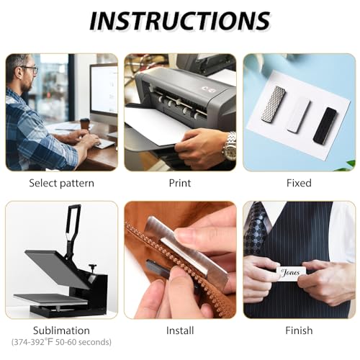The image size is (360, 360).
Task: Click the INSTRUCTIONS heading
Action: pos(180,21)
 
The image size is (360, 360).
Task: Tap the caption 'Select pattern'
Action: pos(62,184)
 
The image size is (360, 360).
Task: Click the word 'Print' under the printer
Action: pos(180,183)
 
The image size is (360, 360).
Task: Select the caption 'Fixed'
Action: pos(299,183)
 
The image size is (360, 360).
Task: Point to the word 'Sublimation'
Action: pos(61,330)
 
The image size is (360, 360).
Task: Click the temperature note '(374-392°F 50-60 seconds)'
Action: pos(61,342)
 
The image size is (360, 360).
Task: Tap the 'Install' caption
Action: pos(180,330)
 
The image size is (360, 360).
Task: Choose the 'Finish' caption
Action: pos(299,330)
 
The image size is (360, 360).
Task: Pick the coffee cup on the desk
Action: pos(84,125)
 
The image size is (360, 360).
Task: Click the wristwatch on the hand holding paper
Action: pos(229,147)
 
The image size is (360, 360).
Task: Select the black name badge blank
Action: pos(325,126)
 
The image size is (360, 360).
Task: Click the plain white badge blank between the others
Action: pos(299,114)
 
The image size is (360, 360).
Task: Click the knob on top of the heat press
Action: pos(93,266)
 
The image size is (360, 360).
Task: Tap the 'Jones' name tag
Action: pos(291,273)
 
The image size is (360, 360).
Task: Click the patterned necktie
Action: pos(256,228)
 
